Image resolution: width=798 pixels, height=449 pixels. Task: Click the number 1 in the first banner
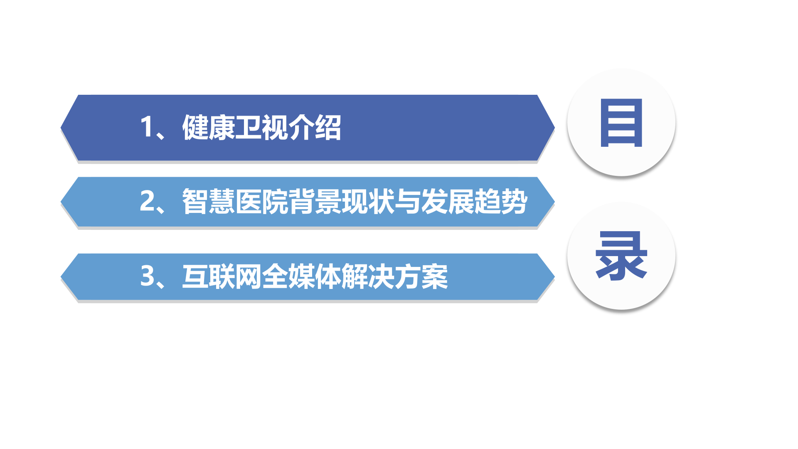pyautogui.click(x=147, y=127)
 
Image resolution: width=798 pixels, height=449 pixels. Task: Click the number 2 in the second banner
pyautogui.click(x=148, y=201)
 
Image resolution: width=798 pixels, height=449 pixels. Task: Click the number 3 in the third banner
pyautogui.click(x=148, y=276)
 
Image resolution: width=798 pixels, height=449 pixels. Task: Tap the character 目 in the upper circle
pyautogui.click(x=621, y=123)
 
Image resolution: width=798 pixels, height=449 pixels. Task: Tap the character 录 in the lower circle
pyautogui.click(x=621, y=256)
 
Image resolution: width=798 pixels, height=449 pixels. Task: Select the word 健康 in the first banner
pyautogui.click(x=209, y=127)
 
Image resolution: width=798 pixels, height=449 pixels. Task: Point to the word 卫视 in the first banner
pyautogui.click(x=262, y=127)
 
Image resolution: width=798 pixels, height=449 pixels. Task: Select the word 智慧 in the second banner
pyautogui.click(x=209, y=202)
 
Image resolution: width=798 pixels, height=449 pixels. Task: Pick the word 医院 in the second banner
pyautogui.click(x=262, y=202)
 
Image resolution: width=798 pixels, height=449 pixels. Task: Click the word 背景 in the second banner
pyautogui.click(x=315, y=202)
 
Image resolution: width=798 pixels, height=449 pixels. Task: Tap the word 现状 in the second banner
pyautogui.click(x=368, y=202)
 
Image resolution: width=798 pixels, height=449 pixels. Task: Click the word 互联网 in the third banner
pyautogui.click(x=222, y=276)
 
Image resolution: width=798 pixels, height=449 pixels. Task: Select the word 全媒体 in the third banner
pyautogui.click(x=302, y=276)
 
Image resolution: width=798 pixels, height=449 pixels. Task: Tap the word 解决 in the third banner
pyautogui.click(x=368, y=276)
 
